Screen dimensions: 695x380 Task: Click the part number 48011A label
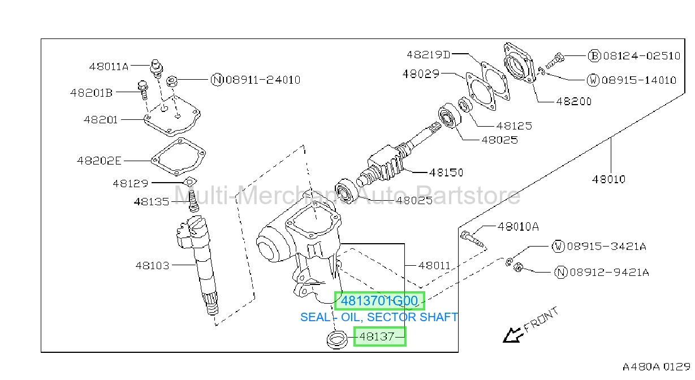coord(109,66)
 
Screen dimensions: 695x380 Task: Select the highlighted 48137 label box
coord(380,336)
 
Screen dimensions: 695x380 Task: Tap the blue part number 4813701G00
coord(379,301)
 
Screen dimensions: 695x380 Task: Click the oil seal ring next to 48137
coord(337,340)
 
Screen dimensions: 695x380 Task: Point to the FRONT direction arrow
coord(512,335)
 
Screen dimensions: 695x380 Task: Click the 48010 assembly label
coord(608,179)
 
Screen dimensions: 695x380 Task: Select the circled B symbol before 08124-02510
coord(594,56)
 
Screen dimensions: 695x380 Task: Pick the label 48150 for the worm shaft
coord(446,172)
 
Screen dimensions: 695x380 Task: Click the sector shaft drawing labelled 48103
coord(197,265)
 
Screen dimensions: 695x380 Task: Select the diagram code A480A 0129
coord(656,367)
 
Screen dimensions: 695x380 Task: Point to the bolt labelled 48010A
coord(472,239)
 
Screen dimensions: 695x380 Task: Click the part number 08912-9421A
coord(609,273)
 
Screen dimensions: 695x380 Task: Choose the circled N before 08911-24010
coord(217,80)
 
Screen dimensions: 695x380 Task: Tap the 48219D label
coord(428,55)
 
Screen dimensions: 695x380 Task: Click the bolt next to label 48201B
coord(143,90)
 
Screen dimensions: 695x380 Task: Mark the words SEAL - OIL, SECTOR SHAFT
coord(379,317)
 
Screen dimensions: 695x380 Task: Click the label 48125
coord(514,126)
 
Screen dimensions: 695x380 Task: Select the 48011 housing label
coord(434,266)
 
